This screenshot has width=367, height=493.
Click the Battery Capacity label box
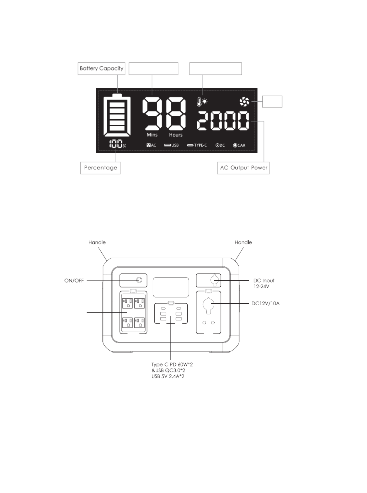point(101,69)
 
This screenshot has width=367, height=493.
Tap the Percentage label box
point(101,168)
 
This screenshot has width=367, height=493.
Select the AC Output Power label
point(243,168)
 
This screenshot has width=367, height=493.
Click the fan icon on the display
point(244,102)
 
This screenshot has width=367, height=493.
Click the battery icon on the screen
point(117,115)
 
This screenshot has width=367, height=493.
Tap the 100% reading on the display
point(117,144)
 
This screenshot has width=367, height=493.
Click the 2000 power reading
point(223,121)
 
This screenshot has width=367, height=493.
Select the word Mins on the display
point(152,135)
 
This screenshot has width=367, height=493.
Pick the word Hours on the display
point(176,135)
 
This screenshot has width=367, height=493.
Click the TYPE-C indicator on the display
point(197,145)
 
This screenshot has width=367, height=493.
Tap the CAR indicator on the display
point(239,145)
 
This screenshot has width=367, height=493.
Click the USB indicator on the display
point(171,145)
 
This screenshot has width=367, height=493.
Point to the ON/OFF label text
point(74,280)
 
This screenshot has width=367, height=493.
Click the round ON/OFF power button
point(139,280)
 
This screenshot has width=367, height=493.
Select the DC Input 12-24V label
point(264,283)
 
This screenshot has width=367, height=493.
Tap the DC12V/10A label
point(266,304)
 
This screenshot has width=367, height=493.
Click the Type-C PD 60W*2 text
point(172,364)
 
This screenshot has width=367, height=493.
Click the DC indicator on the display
point(220,145)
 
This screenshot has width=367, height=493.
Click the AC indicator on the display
point(151,145)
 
